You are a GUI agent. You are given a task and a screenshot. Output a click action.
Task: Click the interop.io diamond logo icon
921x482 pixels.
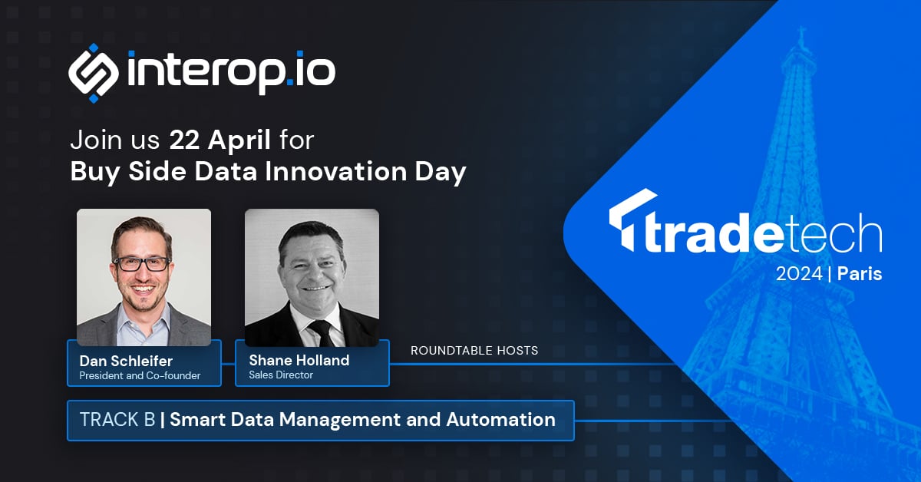coord(94,73)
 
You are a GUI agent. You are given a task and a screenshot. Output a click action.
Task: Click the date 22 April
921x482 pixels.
coord(220,140)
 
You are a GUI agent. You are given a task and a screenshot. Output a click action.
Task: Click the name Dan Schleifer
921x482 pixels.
coord(127,360)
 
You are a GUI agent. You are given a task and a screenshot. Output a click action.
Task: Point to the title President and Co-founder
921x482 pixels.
coord(140,375)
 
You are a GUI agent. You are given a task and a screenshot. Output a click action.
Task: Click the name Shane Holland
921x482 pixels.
coord(299,360)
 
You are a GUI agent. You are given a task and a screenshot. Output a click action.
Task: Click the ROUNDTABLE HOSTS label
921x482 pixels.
coord(474,351)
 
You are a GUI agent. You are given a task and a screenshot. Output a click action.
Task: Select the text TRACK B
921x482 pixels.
coord(117,420)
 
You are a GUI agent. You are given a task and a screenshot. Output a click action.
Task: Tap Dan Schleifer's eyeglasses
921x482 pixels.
coord(141,263)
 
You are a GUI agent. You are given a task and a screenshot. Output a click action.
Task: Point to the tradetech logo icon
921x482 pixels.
coord(622,221)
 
